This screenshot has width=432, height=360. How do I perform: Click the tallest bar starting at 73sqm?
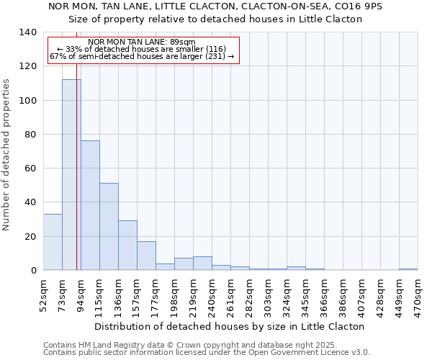tap(71, 175)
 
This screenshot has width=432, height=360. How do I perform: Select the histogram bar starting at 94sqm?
tap(90, 205)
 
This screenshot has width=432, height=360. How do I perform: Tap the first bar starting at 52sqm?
tap(53, 242)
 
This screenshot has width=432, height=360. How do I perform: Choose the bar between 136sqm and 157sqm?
tap(127, 246)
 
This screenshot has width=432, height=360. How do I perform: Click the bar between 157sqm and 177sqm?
tap(146, 256)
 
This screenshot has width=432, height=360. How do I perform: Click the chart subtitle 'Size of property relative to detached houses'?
tap(216, 19)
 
